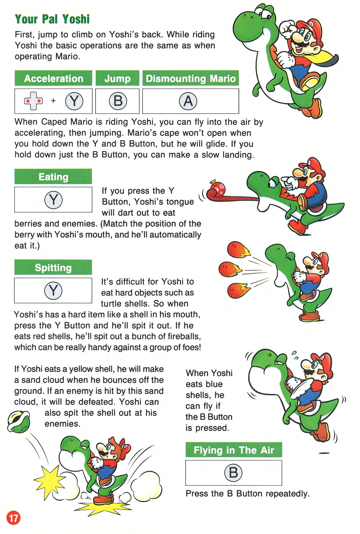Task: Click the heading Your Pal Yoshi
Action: click(x=52, y=19)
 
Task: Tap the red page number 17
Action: click(x=13, y=518)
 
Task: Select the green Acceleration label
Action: click(x=53, y=78)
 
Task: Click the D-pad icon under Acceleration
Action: click(x=33, y=101)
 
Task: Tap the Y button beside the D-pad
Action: click(x=74, y=101)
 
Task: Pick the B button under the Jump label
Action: click(x=118, y=101)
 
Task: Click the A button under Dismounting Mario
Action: click(x=188, y=101)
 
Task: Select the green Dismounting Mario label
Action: click(x=191, y=78)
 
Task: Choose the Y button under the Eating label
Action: click(x=53, y=200)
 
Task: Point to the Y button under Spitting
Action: click(x=53, y=291)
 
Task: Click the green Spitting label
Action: click(x=53, y=267)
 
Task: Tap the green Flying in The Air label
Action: click(x=234, y=450)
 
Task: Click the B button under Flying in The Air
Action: click(x=233, y=472)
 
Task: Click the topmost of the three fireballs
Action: click(x=238, y=250)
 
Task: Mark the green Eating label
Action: click(x=53, y=176)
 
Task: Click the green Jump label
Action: click(x=118, y=78)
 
